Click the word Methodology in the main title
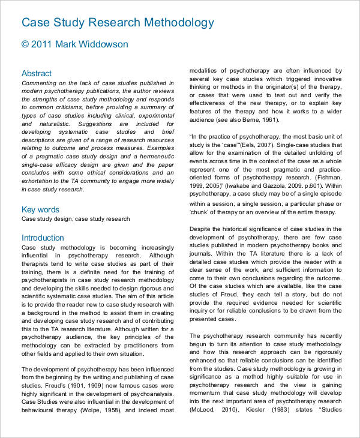[178, 23]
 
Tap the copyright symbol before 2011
[25, 44]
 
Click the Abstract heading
[37, 73]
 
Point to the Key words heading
[40, 209]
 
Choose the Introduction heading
[43, 238]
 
